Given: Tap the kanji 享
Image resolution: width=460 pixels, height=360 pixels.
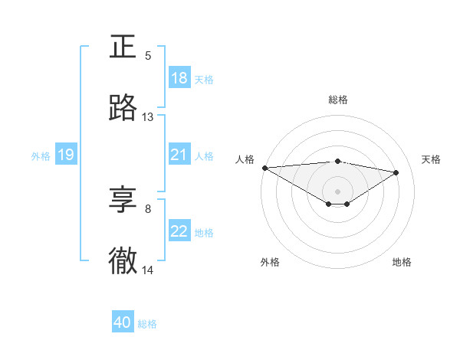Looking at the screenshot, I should coord(123,199).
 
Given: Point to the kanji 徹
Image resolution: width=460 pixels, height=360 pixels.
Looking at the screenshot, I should coord(123,260).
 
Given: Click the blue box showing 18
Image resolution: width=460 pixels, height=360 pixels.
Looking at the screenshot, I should coord(179,78).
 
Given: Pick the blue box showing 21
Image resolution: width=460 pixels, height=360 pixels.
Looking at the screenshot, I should coord(179,155).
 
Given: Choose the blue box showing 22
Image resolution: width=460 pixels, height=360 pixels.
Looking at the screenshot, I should coord(179,232).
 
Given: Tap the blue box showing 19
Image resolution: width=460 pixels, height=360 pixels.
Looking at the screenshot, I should coord(66,155).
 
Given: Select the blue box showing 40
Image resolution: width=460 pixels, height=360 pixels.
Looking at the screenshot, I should coord(123,322).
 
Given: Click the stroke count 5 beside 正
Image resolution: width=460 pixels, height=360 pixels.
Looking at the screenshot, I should coord(148,55).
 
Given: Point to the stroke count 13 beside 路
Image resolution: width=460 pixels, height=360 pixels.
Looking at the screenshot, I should coord(148,117).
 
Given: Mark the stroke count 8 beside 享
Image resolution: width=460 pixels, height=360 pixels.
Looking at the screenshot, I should coord(148,208).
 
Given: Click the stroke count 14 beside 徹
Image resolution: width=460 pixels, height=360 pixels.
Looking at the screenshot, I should coord(148,270).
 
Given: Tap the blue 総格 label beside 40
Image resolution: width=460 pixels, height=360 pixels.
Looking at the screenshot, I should coord(147,324).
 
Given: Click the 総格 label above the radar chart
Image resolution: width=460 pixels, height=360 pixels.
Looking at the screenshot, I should coord(337,100).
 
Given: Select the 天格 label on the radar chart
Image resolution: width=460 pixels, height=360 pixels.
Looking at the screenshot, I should coord(431,159).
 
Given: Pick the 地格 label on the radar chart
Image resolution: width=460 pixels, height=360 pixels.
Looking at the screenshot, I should coord(402,262).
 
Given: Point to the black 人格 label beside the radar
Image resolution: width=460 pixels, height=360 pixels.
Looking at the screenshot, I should coord(244,159).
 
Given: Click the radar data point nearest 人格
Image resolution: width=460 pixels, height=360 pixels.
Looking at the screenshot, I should coord(264,168).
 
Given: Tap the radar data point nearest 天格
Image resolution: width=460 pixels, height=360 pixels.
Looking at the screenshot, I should coord(396,172).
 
